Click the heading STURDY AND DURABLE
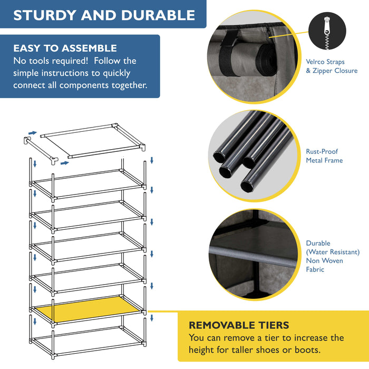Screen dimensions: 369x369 (104, 15)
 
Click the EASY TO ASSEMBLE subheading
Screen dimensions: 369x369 (65, 48)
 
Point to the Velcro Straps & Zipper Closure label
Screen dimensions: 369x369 (332, 66)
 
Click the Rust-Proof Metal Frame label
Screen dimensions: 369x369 (324, 156)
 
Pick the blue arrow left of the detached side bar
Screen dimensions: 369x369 (33, 133)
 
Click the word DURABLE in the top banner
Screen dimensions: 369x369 (159, 15)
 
